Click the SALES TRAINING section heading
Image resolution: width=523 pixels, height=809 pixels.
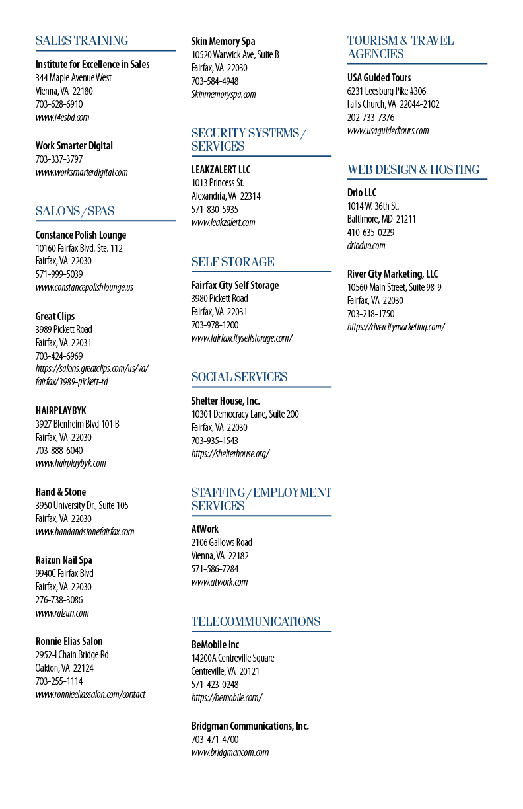pos(82,40)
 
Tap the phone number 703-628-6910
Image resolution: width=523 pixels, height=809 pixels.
pos(59,104)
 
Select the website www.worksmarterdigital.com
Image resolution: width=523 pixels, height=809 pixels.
pos(82,173)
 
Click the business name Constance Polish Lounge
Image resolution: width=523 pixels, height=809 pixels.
pos(81,235)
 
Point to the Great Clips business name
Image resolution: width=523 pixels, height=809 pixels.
pos(55,317)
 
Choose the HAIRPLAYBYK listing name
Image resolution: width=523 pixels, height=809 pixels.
pos(61,410)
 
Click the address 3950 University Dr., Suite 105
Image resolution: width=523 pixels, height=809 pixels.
pos(82,505)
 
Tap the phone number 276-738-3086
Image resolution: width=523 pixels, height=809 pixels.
pos(59,600)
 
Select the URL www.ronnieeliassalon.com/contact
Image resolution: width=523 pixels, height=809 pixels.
pos(90,694)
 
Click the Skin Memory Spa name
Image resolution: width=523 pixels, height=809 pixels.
pos(223,42)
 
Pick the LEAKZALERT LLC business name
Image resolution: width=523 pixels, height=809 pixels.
pos(221,169)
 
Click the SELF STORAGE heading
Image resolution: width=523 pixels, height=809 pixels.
pos(233,262)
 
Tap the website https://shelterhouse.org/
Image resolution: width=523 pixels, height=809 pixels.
pos(230,453)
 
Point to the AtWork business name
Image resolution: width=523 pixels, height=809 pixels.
pos(205,529)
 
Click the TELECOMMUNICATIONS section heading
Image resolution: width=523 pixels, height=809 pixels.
pos(256,621)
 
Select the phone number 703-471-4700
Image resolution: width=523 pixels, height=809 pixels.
pos(215,740)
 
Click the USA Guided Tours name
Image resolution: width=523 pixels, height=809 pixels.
pos(379,77)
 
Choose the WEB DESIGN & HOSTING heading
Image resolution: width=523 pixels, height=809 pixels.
pos(413,169)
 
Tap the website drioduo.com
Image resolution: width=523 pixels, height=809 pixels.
pos(366,246)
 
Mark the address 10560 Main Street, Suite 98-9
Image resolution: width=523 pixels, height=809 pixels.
pos(394,288)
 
